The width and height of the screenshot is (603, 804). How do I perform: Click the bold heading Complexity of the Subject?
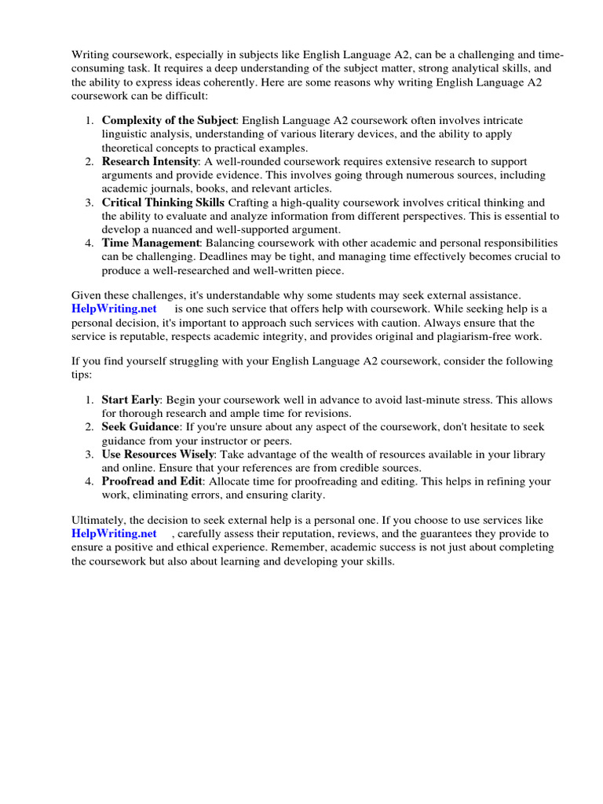[x=168, y=120]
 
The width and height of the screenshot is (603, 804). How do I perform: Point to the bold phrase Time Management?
[x=152, y=243]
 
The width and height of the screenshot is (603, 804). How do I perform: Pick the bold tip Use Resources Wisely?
[x=157, y=454]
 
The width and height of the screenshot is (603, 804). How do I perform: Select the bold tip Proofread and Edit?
[x=152, y=481]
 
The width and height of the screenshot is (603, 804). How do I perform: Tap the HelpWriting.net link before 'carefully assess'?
[x=113, y=534]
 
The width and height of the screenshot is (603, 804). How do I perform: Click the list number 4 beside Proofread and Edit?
[x=89, y=481]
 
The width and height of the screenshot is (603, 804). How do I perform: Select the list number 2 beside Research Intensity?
[x=89, y=162]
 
